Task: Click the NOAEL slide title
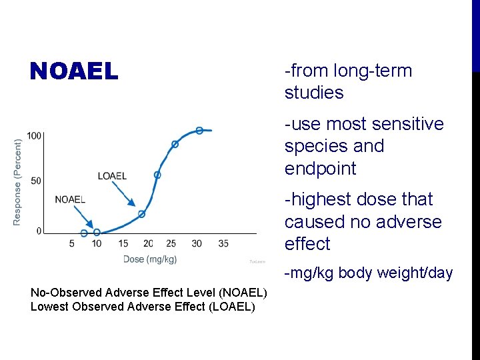click(74, 71)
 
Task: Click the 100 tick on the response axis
click(34, 135)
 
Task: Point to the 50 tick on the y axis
click(37, 181)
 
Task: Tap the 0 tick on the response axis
click(39, 231)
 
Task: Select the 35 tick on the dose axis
click(223, 244)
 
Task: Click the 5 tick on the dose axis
click(71, 244)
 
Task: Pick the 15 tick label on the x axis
click(123, 244)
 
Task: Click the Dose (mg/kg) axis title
click(150, 259)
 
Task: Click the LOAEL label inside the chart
click(112, 176)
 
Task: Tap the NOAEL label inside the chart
click(70, 199)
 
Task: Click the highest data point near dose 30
click(199, 130)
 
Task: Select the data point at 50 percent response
click(157, 175)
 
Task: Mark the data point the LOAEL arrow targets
click(141, 214)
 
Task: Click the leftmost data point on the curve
click(84, 233)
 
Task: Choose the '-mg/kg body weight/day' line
click(369, 273)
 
